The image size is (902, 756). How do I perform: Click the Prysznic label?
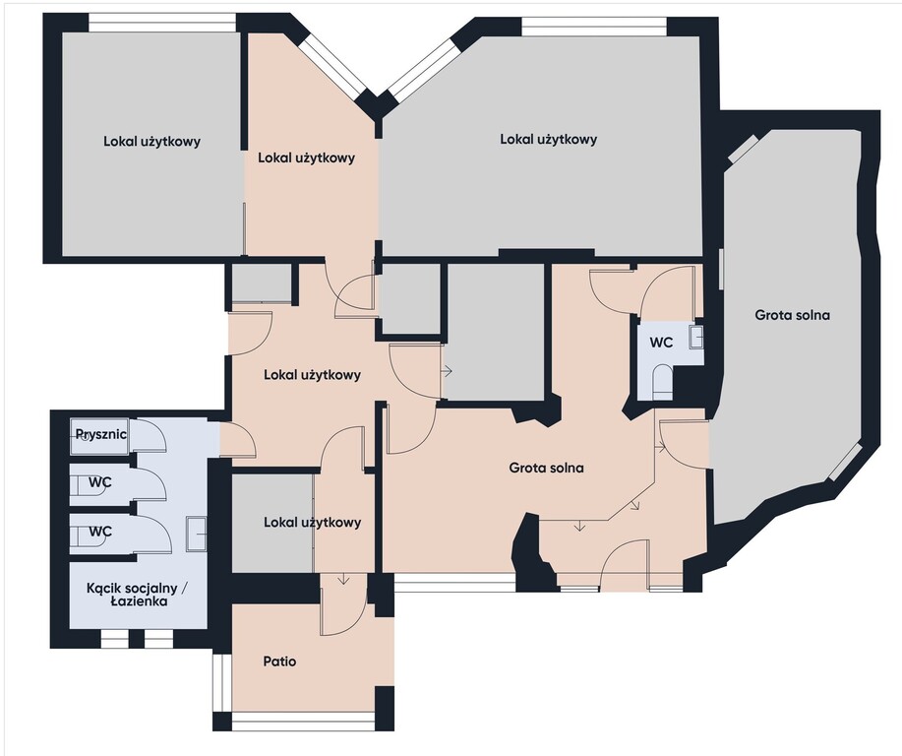(100, 434)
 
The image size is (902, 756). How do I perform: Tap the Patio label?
(279, 661)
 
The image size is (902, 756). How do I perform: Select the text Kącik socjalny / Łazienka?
(138, 595)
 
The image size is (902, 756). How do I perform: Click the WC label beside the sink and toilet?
(661, 343)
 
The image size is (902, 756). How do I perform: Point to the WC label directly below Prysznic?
(100, 482)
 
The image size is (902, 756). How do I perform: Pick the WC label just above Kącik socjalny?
(100, 531)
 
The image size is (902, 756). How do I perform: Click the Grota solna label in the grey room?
(792, 315)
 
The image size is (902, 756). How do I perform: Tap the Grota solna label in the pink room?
(546, 468)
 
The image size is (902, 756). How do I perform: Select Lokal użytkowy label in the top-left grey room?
(151, 141)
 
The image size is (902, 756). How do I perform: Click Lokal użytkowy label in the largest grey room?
(548, 139)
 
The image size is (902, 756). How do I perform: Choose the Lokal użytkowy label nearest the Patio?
(313, 523)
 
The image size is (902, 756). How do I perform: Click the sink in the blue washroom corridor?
(196, 535)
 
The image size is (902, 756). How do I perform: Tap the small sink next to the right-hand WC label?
(696, 337)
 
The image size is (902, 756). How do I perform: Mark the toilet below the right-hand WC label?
(663, 381)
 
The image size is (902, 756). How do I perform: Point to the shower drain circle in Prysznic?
(86, 437)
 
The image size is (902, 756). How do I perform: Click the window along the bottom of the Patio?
(303, 721)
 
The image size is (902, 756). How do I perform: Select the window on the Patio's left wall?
(221, 683)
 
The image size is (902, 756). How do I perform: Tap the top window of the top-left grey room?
(163, 23)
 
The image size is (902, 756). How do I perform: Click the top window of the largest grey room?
(595, 27)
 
